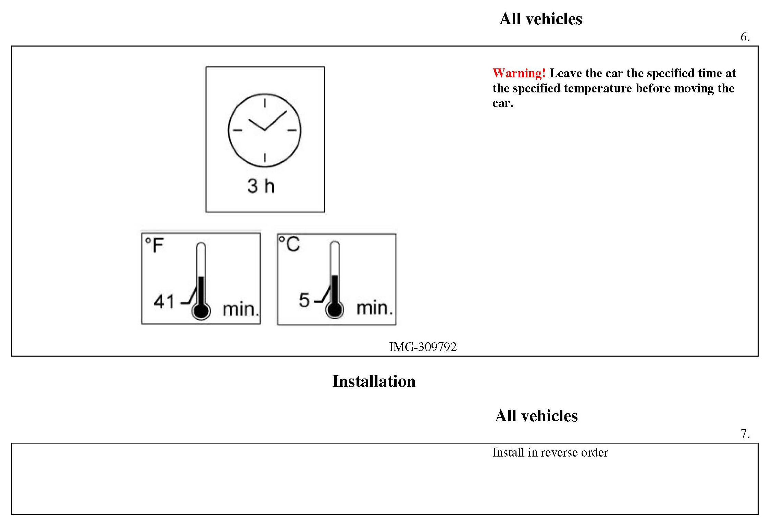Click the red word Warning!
click(x=519, y=73)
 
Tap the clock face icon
click(x=265, y=130)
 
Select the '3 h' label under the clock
click(x=261, y=186)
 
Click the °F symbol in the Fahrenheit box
click(x=154, y=245)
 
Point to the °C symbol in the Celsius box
click(x=289, y=244)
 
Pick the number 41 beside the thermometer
click(x=164, y=302)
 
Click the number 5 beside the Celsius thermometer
click(x=304, y=300)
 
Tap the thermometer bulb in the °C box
click(x=335, y=310)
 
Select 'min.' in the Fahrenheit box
click(x=240, y=309)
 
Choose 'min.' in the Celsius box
click(x=374, y=308)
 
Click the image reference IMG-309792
click(x=423, y=347)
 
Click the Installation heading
click(x=374, y=381)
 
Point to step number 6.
click(x=745, y=37)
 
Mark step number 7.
click(x=745, y=434)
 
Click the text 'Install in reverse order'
click(x=550, y=452)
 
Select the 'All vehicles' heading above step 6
click(x=541, y=19)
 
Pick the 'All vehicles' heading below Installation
click(x=536, y=416)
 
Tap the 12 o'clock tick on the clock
click(x=265, y=103)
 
